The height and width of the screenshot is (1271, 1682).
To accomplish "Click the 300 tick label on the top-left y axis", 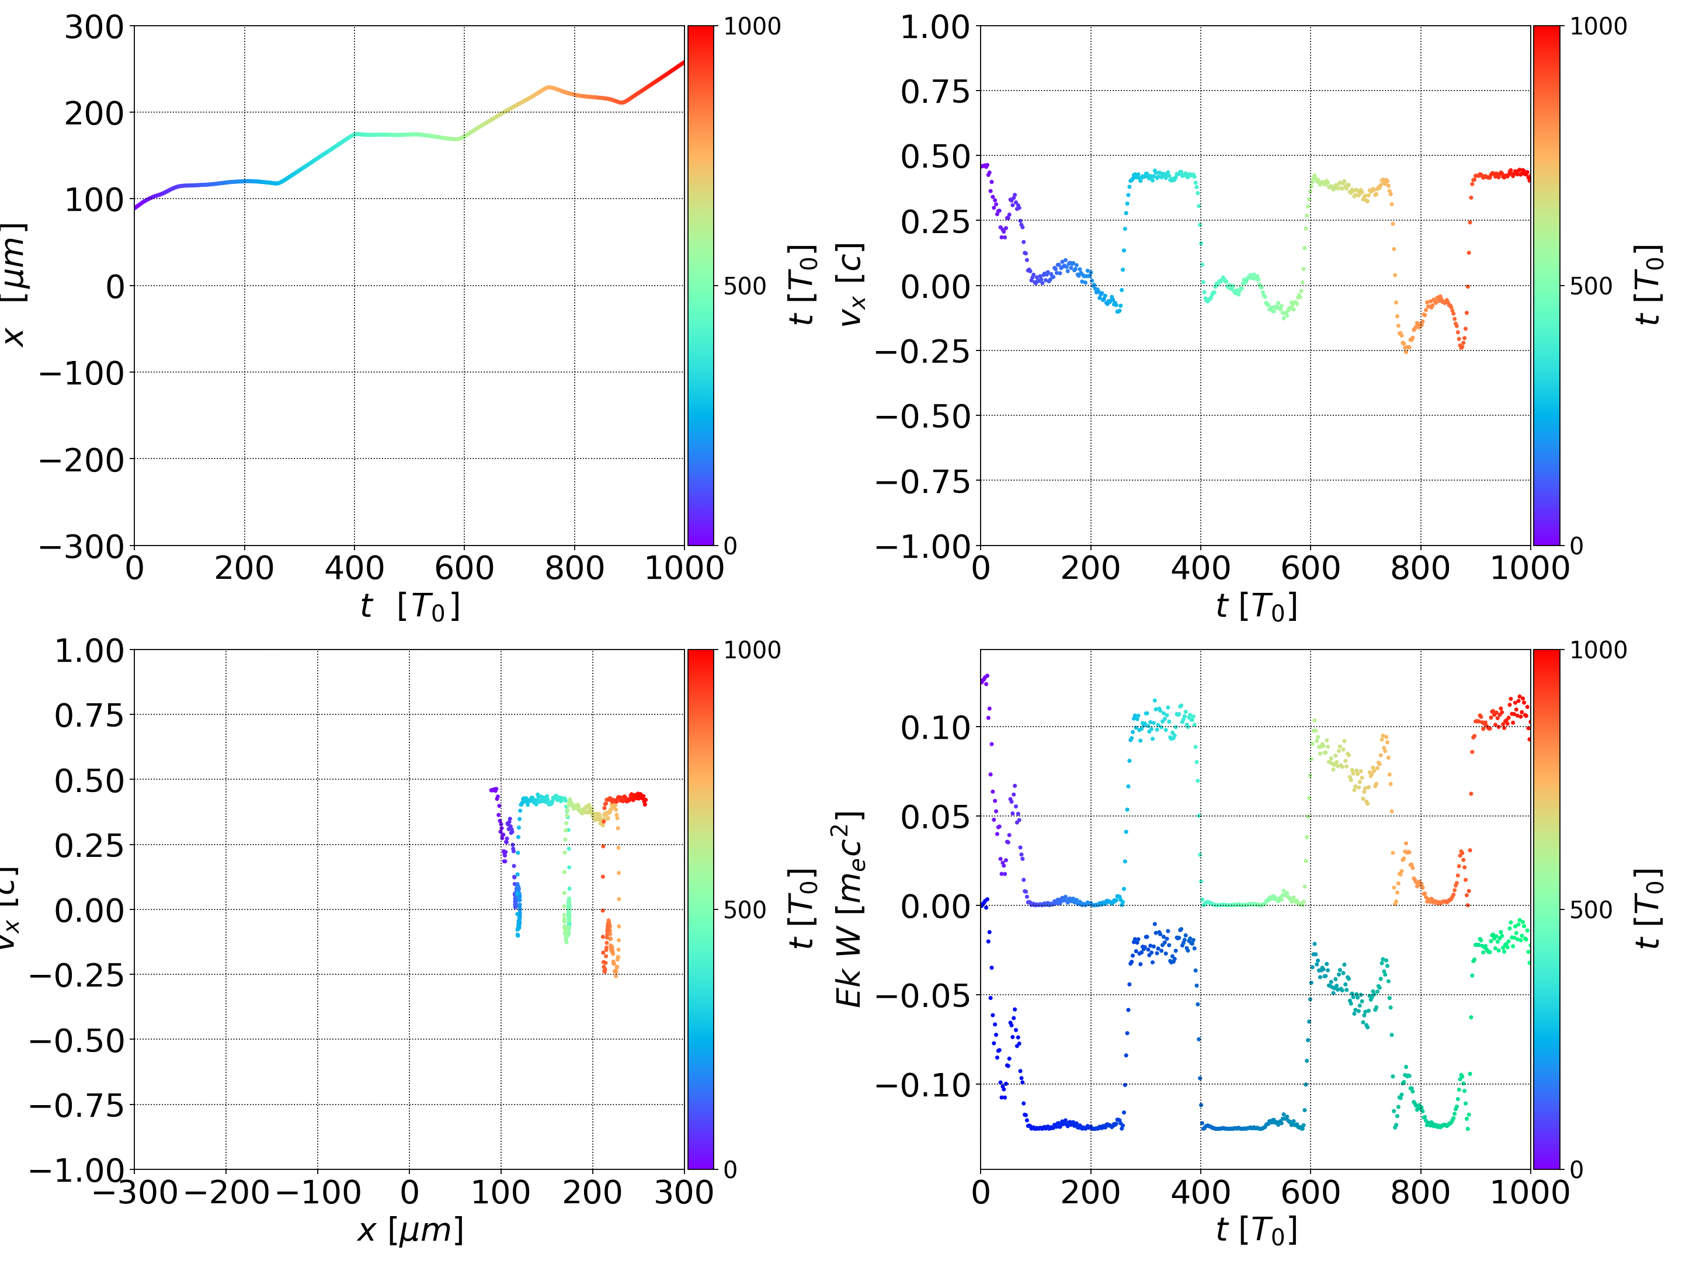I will tap(93, 27).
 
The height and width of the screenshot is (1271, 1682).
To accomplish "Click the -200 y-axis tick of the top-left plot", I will tap(81, 460).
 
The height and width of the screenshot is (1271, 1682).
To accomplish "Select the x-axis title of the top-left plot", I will tap(410, 607).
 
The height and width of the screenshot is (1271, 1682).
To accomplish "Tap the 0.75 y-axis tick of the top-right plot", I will tap(935, 92).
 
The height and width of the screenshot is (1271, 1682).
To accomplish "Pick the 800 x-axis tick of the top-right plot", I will tap(1420, 568).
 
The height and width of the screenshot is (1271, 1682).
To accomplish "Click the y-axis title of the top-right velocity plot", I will tap(851, 285).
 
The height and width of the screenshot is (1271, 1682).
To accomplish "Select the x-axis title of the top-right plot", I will tap(1256, 607).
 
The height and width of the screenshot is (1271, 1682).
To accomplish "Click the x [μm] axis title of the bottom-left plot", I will tap(410, 1230).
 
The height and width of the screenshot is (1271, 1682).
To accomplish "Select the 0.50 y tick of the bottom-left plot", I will tap(89, 780).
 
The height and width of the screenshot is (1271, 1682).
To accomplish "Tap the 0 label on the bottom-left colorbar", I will tap(730, 1170).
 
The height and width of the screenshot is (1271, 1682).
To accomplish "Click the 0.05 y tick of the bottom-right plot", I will tap(935, 817).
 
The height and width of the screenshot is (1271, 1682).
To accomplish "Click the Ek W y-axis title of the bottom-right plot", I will tap(849, 909).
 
